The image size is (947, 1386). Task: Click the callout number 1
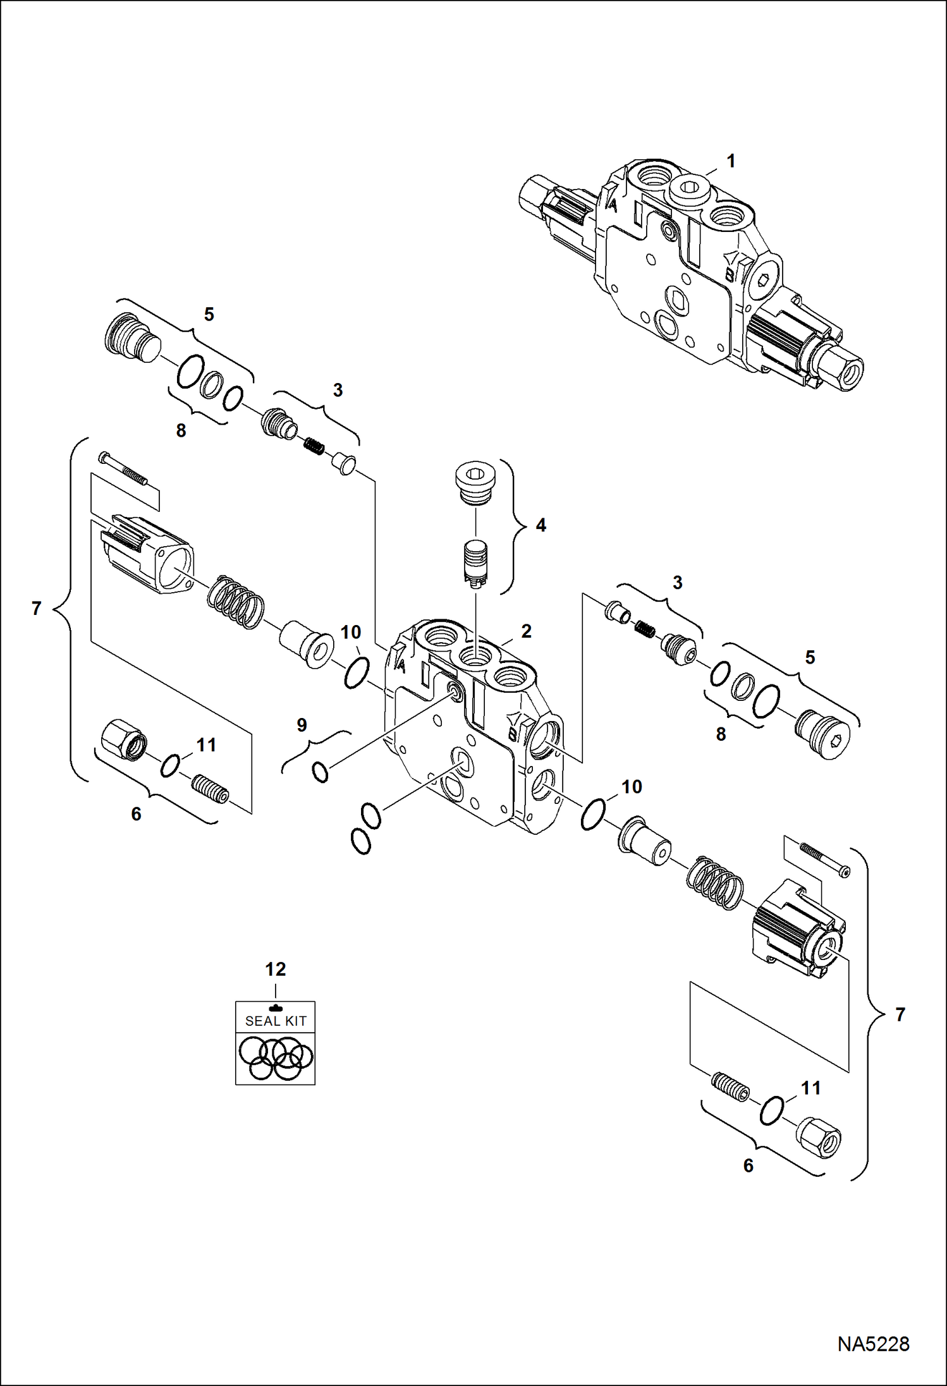[731, 161]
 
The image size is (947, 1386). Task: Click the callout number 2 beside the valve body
[526, 631]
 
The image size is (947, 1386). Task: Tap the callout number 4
[541, 525]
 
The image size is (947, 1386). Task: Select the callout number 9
[302, 725]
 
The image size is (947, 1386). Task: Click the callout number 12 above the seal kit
[275, 970]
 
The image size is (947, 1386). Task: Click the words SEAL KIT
[276, 1021]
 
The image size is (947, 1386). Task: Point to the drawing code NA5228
[873, 1344]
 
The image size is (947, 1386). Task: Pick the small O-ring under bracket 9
[321, 772]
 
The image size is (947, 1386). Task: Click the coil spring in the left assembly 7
[236, 602]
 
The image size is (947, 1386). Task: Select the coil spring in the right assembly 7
[715, 883]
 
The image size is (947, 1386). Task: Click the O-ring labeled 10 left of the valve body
[357, 672]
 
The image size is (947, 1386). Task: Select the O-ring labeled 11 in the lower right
[771, 1110]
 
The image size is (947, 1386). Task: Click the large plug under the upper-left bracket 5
[132, 338]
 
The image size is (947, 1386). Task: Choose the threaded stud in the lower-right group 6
[731, 1087]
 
